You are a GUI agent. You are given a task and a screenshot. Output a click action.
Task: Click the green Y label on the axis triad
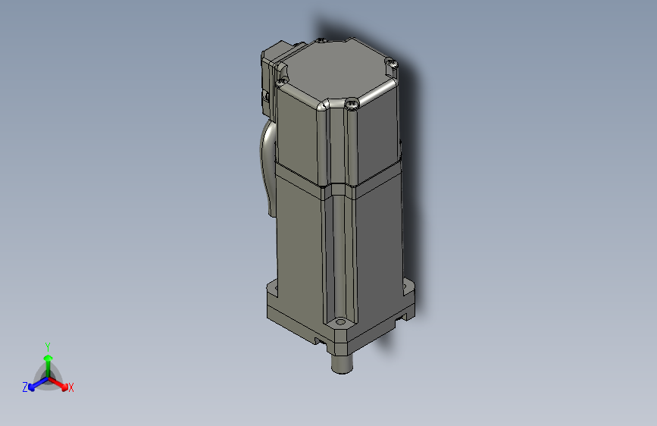point(48,345)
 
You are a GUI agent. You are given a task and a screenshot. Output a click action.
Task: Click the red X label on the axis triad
point(71,388)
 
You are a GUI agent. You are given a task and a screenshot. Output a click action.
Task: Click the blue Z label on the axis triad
point(25,387)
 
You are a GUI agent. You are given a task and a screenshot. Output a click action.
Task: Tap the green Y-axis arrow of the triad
point(48,359)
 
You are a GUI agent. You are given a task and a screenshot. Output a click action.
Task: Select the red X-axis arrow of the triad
point(60,382)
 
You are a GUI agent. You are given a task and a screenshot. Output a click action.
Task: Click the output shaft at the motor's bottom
point(344,362)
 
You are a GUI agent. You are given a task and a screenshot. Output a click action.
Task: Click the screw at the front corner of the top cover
point(353,105)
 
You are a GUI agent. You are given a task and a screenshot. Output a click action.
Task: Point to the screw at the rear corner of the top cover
point(322,41)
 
